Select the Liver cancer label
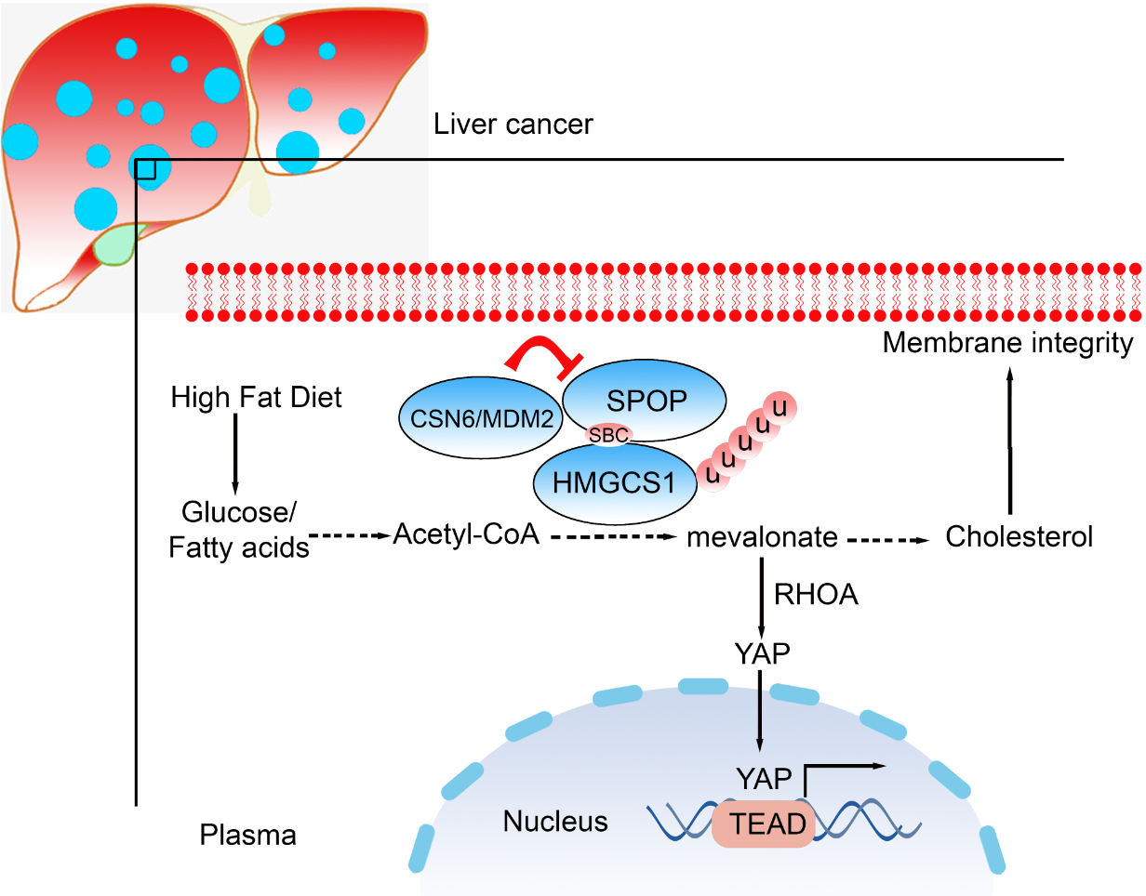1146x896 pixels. click(x=513, y=125)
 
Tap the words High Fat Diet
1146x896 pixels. click(x=257, y=398)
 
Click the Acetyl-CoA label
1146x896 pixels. click(x=467, y=534)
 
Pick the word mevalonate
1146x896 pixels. click(x=764, y=537)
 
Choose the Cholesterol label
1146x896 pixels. click(x=1019, y=537)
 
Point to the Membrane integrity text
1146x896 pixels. click(x=1008, y=344)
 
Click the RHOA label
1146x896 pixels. click(x=816, y=596)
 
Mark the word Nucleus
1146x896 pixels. click(x=555, y=822)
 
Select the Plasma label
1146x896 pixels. click(x=248, y=835)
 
